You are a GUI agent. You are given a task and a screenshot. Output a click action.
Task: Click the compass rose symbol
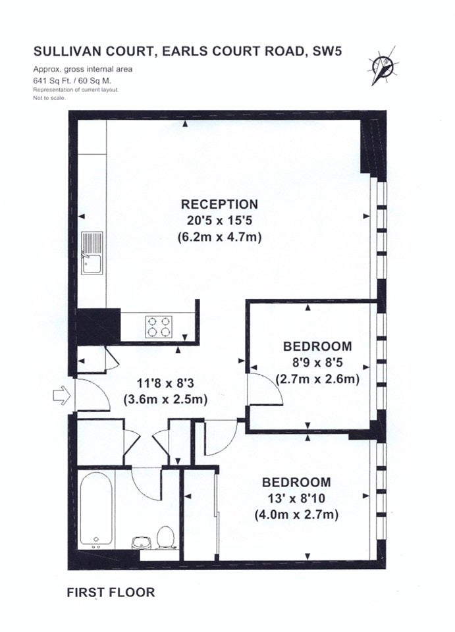382,66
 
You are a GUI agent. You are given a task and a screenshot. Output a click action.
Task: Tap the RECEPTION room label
219,204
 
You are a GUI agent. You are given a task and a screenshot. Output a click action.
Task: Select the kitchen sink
92,253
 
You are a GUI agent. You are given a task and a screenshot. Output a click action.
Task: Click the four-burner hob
159,326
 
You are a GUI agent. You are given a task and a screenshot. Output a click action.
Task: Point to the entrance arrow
62,395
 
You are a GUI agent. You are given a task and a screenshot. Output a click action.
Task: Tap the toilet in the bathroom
165,537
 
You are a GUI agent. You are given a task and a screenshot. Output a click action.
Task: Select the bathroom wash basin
141,542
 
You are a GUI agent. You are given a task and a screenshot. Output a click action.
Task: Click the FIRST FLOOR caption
111,592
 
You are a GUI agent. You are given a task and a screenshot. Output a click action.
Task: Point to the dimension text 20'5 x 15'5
220,221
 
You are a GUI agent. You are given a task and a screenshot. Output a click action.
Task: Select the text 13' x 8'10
296,498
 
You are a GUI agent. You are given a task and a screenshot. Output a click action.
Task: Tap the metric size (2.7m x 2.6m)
317,379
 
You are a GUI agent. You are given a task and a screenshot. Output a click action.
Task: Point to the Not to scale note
49,97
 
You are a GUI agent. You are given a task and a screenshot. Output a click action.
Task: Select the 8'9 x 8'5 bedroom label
317,363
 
